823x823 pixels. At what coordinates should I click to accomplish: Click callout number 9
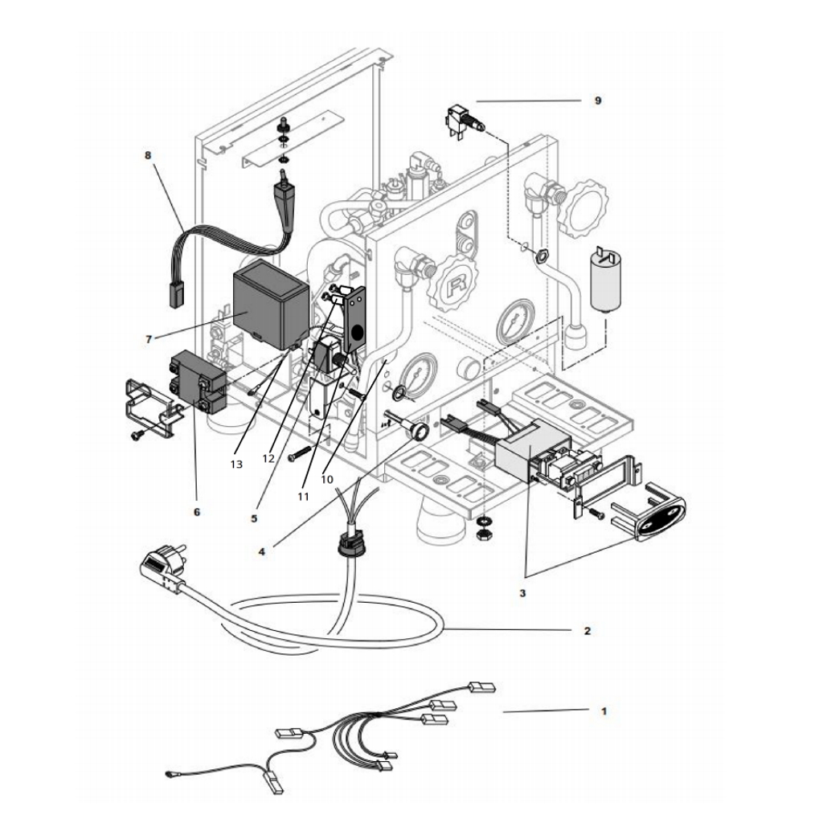tap(597, 100)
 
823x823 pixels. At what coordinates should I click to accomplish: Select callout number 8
tap(148, 156)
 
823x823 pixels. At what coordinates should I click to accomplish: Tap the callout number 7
tap(148, 338)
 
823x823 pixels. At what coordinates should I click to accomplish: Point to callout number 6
tap(198, 510)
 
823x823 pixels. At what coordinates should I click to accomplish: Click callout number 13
tap(235, 464)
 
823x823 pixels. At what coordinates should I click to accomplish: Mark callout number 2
tap(588, 631)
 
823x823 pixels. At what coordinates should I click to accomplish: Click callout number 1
tap(604, 711)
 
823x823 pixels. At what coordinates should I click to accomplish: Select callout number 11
tap(303, 496)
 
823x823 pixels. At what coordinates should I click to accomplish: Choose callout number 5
tap(253, 518)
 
